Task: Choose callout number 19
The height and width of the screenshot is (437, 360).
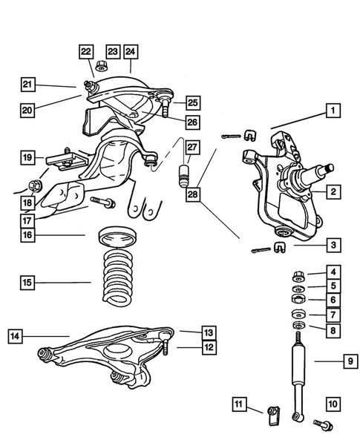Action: point(27,157)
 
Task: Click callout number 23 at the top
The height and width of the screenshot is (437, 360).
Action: point(111,51)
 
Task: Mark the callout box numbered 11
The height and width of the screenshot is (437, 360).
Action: point(238,404)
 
